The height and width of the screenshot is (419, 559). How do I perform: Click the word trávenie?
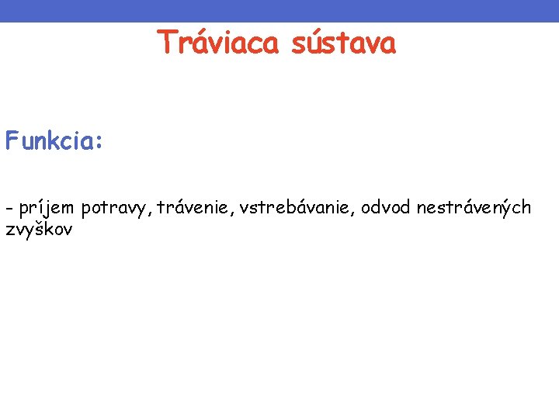coord(195,207)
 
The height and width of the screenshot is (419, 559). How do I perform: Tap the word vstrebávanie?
coord(299,207)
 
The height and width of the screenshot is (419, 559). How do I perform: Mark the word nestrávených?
coord(474,207)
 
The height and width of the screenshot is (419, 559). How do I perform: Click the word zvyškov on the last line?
coord(38,229)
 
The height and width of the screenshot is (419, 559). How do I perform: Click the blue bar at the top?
coord(279,10)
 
